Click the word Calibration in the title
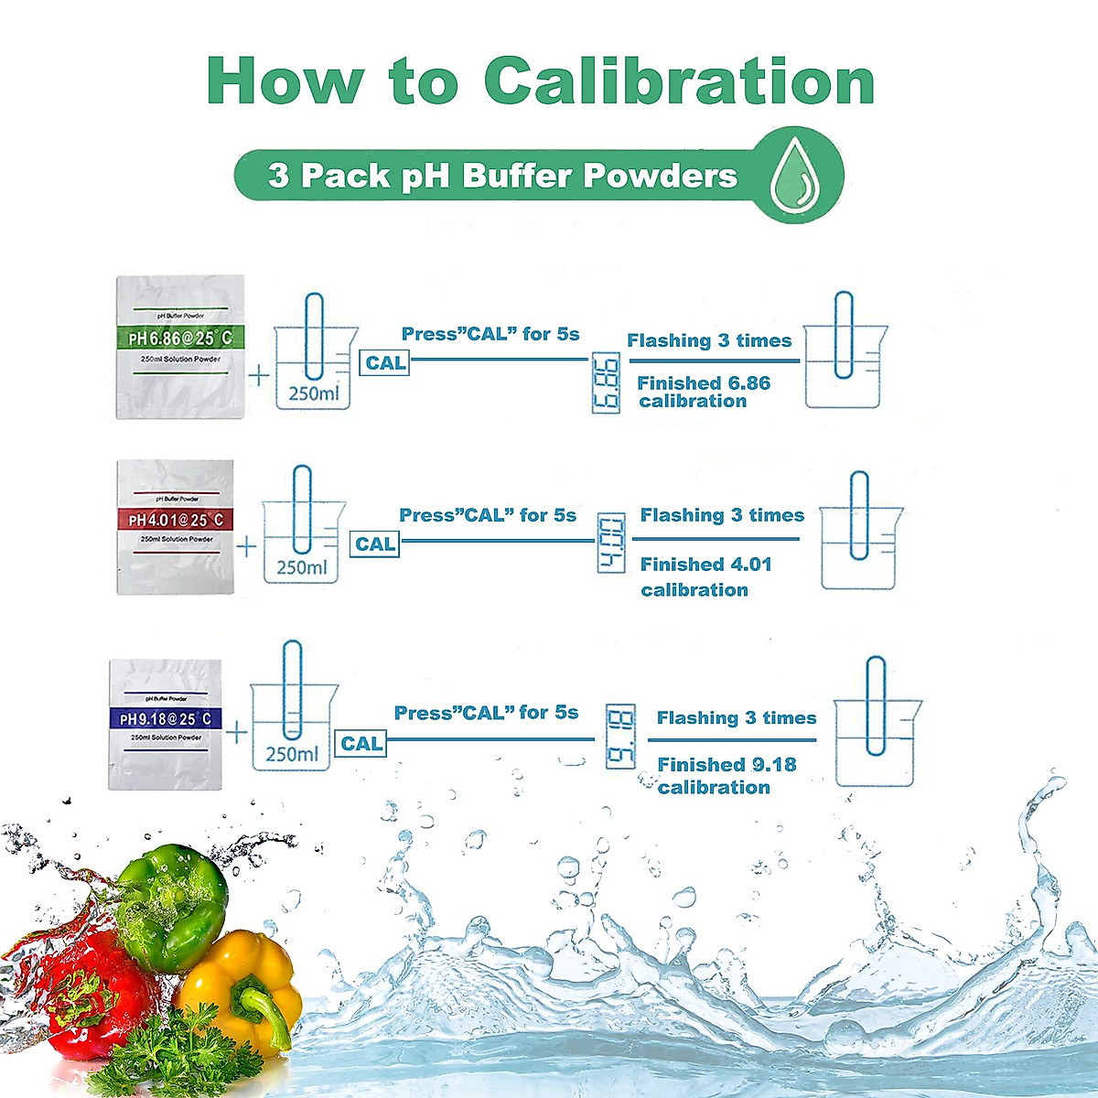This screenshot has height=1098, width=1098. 679,81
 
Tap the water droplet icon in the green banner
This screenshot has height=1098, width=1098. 793,175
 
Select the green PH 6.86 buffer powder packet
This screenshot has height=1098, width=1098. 180,347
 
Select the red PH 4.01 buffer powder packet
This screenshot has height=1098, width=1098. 176,527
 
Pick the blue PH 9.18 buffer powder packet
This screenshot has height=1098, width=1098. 166,723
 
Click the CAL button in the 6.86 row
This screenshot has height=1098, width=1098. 385,363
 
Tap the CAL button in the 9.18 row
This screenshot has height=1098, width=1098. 361,744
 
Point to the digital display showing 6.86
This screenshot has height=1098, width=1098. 606,382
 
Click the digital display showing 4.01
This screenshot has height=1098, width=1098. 611,544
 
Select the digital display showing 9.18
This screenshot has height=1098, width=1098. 620,737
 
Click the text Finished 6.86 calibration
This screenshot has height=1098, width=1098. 703,392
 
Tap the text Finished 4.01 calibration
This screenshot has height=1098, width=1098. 705,576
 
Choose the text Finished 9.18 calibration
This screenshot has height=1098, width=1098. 726,776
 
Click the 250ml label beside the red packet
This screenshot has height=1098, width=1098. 301,567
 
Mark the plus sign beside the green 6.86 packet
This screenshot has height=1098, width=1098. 260,375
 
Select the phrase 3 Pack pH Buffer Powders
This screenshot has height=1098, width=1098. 502,176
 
